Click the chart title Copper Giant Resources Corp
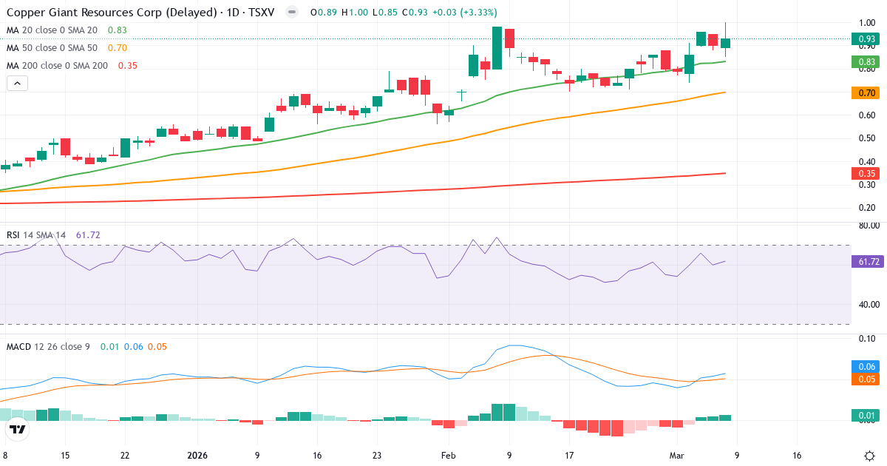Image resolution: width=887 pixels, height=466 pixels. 111,13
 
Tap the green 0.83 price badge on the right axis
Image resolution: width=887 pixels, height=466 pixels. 867,62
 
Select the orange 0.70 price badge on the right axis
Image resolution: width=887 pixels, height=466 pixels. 867,92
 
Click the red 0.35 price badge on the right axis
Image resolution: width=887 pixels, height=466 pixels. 867,173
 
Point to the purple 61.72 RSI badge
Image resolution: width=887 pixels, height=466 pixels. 867,261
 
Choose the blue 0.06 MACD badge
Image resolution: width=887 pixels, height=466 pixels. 867,366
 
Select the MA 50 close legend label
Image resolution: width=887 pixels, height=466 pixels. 52,48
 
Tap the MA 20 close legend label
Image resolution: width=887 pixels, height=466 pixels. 52,30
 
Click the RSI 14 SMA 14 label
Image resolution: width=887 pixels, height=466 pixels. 36,235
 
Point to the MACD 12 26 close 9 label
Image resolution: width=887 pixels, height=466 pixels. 48,346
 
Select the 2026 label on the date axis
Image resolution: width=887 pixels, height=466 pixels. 197,456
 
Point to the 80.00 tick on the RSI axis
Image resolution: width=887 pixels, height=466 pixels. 868,226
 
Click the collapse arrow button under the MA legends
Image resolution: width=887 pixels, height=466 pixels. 17,84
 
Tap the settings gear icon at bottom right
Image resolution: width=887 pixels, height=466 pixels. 870,456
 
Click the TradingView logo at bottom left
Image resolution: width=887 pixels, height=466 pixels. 18,429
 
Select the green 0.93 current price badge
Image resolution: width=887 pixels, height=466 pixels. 867,38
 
